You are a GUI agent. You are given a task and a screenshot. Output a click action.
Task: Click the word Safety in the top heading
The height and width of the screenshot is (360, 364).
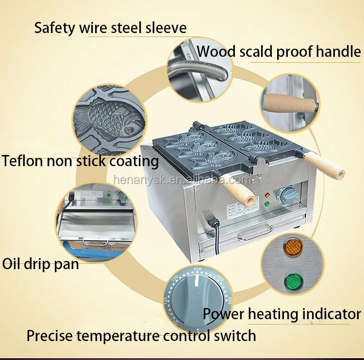tap(55, 28)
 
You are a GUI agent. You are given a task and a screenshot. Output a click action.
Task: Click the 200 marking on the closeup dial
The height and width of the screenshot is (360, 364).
tap(198, 269)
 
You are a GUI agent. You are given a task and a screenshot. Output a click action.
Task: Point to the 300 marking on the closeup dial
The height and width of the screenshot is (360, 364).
tap(230, 300)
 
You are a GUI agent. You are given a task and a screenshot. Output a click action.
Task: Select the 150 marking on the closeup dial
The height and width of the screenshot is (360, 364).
tap(175, 278)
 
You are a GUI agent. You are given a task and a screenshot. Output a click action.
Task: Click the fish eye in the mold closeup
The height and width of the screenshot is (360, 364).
tap(129, 130)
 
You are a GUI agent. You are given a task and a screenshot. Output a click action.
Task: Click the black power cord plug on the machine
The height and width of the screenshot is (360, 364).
tap(214, 222)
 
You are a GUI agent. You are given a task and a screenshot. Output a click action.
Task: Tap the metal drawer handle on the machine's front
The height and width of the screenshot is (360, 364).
tap(254, 232)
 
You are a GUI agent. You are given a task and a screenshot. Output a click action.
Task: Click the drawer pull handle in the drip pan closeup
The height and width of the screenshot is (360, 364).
tap(96, 242)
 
